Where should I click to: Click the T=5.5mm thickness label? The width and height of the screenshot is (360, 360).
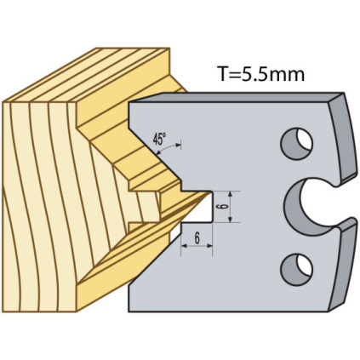pos(260,74)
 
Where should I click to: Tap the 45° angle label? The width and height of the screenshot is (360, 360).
pos(159,139)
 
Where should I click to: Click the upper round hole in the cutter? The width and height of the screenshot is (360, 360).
pos(296,144)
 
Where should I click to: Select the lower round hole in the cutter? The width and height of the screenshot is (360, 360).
pos(296,270)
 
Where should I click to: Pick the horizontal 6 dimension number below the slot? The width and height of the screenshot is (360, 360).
pos(197,238)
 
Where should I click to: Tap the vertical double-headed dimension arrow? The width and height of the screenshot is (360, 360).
pos(231,207)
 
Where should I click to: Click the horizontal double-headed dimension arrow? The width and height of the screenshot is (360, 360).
pos(197,246)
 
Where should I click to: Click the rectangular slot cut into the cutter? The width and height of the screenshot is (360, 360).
pos(197,207)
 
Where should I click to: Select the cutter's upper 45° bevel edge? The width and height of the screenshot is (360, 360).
pos(155,153)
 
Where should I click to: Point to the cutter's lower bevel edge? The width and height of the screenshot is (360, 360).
pos(155,259)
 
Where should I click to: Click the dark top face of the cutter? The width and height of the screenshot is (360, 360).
pos(236,97)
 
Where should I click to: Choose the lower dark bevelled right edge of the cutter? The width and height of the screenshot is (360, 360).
pos(342,266)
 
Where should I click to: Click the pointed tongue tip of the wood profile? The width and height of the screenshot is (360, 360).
pos(210,192)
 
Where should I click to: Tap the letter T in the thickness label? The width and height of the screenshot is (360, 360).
pos(223,74)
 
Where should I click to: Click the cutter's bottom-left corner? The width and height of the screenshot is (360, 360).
pos(129,312)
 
